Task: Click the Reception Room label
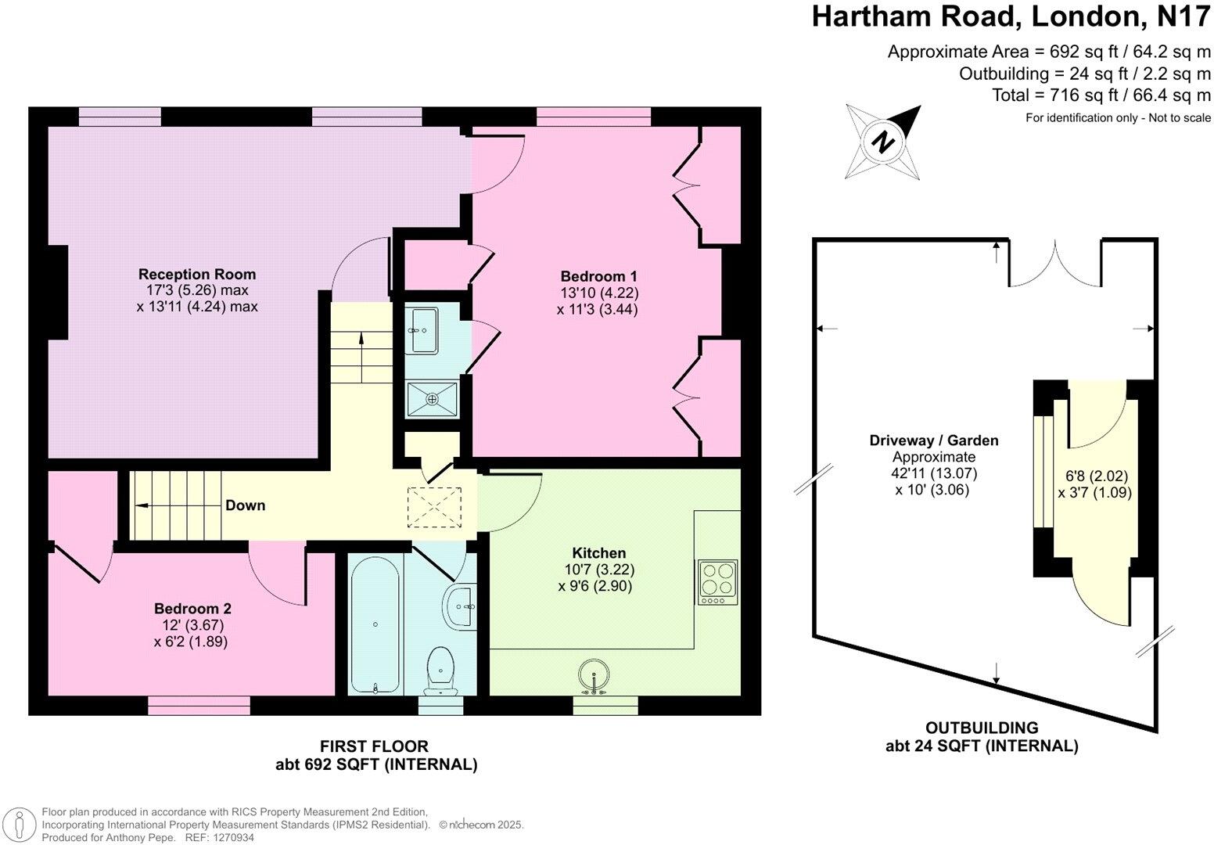pyautogui.click(x=196, y=275)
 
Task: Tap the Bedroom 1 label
pyautogui.click(x=598, y=276)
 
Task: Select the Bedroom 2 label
pyautogui.click(x=192, y=609)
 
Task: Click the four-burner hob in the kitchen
pyautogui.click(x=717, y=582)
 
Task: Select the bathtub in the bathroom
pyautogui.click(x=375, y=624)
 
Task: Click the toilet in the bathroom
pyautogui.click(x=441, y=671)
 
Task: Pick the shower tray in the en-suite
pyautogui.click(x=432, y=399)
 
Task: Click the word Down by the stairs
pyautogui.click(x=245, y=505)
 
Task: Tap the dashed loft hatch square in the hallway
pyautogui.click(x=434, y=507)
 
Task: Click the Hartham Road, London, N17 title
pyautogui.click(x=1011, y=17)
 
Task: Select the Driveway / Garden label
pyautogui.click(x=933, y=440)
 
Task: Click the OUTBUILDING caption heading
pyautogui.click(x=982, y=728)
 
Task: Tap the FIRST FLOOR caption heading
pyautogui.click(x=375, y=746)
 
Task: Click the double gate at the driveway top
pyautogui.click(x=1054, y=264)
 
